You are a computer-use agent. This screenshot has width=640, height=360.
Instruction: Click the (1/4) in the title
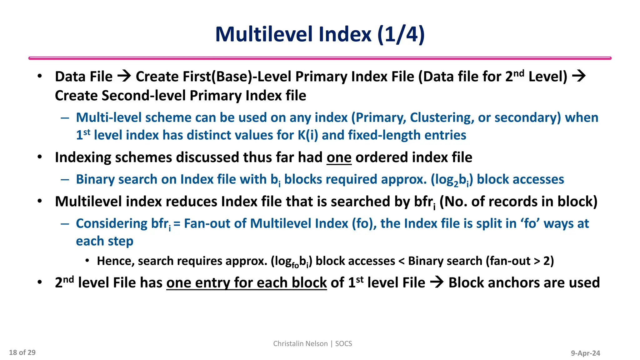coord(401,34)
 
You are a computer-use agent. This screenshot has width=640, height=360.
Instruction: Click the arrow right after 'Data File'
coord(124,76)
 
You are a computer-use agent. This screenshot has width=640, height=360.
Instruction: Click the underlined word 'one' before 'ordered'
coord(339,157)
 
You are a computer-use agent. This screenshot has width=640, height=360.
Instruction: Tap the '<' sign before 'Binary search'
coord(401,261)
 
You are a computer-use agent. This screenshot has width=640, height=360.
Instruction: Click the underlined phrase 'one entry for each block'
coord(246,283)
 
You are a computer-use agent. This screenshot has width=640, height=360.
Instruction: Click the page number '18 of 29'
coord(22,352)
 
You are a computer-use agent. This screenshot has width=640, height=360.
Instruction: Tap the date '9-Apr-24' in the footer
coord(585,353)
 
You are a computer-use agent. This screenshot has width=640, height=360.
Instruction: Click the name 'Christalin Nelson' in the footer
coord(300,344)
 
